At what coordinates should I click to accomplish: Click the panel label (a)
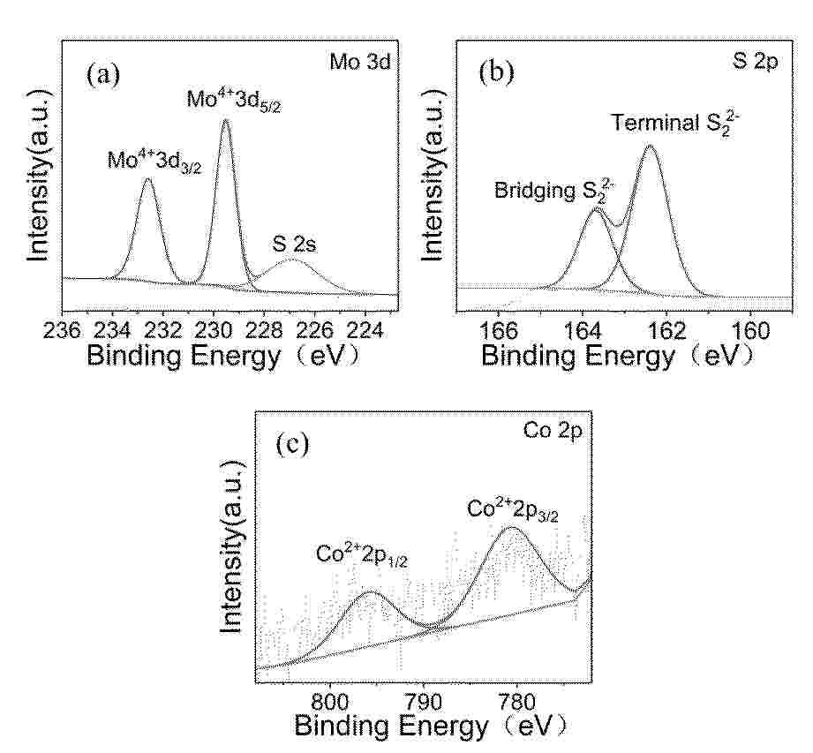pyautogui.click(x=103, y=75)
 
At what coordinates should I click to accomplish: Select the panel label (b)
pyautogui.click(x=497, y=72)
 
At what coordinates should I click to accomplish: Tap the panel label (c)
pyautogui.click(x=292, y=444)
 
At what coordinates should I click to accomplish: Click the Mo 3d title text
pyautogui.click(x=360, y=62)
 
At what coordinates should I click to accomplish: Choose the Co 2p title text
pyautogui.click(x=553, y=431)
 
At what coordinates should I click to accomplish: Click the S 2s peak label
pyautogui.click(x=294, y=244)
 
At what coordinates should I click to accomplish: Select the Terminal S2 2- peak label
pyautogui.click(x=675, y=123)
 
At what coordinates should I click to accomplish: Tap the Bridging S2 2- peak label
pyautogui.click(x=553, y=190)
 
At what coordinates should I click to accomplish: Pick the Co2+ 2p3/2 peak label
pyautogui.click(x=512, y=509)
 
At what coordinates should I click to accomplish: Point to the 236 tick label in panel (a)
pyautogui.click(x=62, y=330)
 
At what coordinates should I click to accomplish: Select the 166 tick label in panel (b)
pyautogui.click(x=498, y=330)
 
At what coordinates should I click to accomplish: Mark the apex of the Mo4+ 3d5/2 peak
pyautogui.click(x=225, y=120)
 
